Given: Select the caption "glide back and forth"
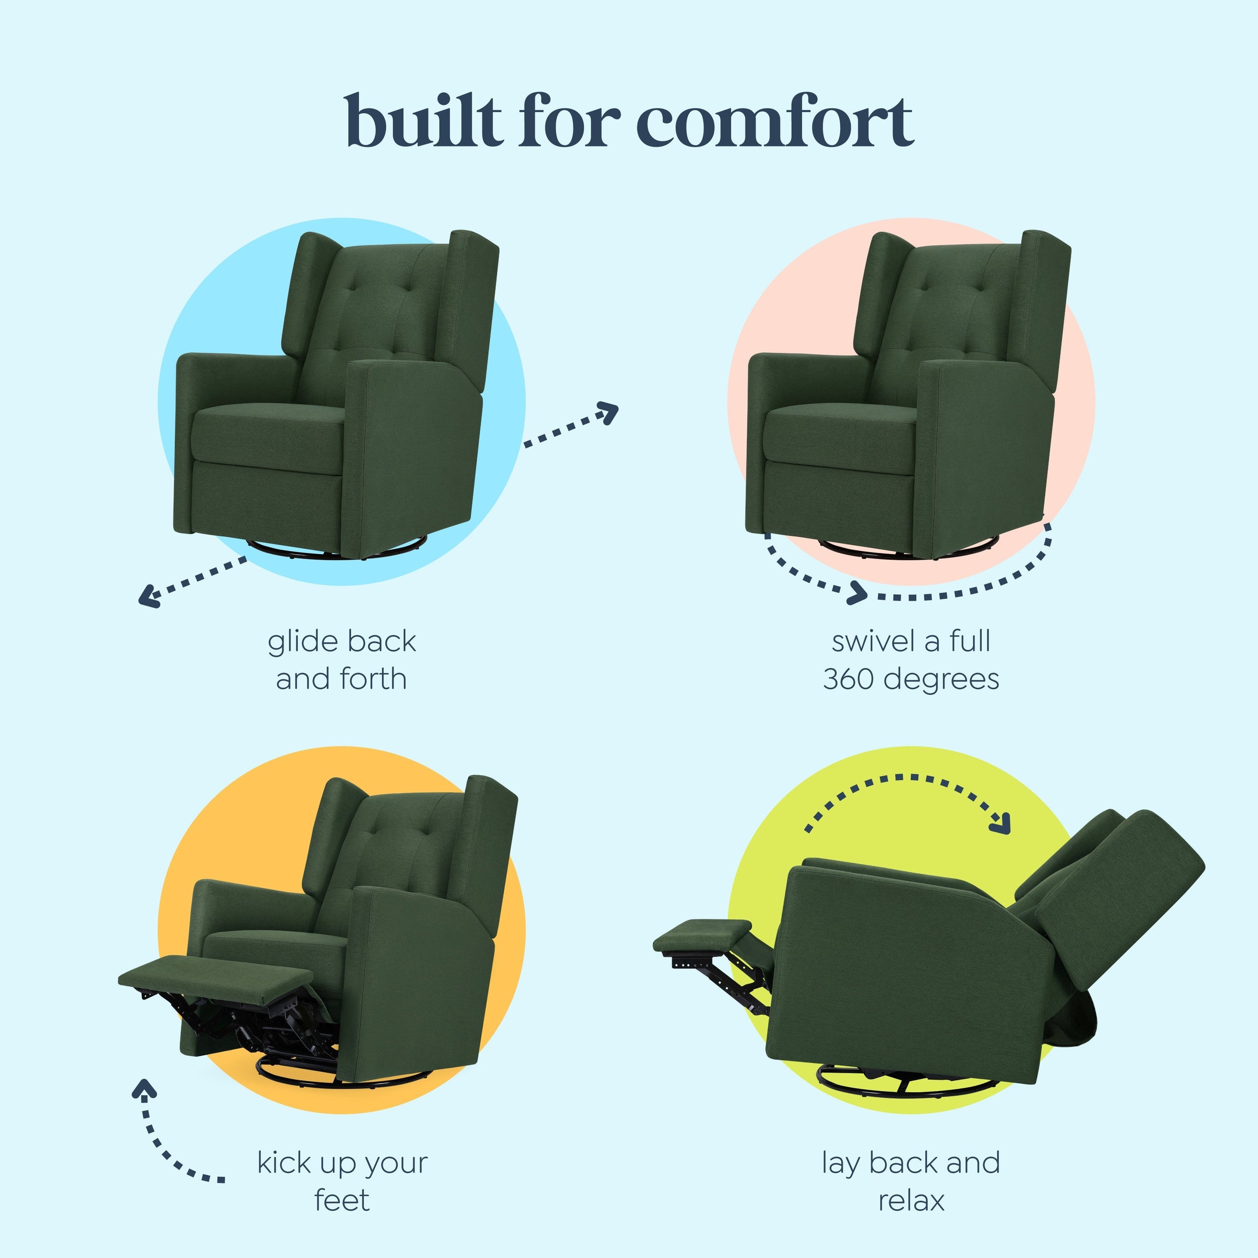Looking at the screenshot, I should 341,659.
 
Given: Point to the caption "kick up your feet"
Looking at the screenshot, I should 342,1180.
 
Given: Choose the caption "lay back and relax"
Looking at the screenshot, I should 910,1180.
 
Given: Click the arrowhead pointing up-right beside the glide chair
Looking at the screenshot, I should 610,411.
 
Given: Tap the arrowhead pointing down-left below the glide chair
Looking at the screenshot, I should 148,596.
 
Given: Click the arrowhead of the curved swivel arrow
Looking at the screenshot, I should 858,592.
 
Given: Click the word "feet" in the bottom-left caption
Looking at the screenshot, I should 342,1199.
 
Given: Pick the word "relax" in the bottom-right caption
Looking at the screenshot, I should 910,1199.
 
